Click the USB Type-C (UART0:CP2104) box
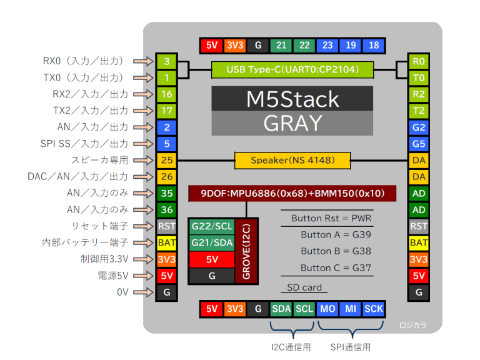tap(293, 69)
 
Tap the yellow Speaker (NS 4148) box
tap(292, 161)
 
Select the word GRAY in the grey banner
tap(292, 123)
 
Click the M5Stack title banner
tap(292, 99)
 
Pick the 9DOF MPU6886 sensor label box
tap(292, 193)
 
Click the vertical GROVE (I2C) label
tap(246, 251)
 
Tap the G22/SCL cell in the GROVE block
tap(212, 226)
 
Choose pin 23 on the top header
tap(327, 45)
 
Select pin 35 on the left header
tap(167, 193)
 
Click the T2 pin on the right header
tap(419, 111)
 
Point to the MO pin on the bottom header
tap(327, 309)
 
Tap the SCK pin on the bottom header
tap(373, 309)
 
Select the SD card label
tap(304, 287)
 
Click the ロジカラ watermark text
tap(413, 324)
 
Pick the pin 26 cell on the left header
tap(167, 177)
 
